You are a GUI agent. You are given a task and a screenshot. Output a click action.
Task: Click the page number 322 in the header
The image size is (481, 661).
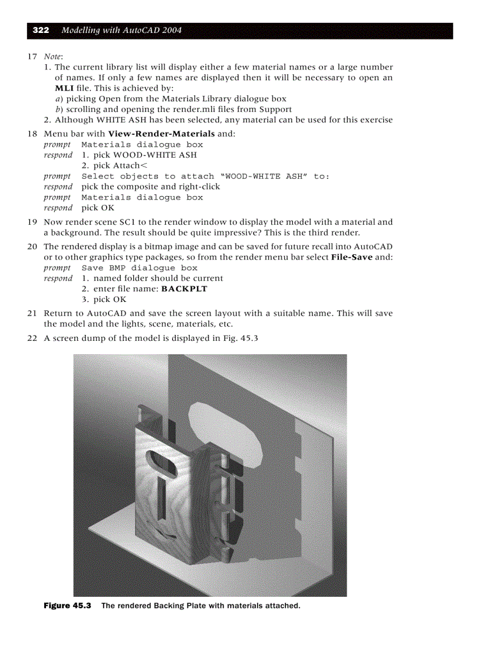40,30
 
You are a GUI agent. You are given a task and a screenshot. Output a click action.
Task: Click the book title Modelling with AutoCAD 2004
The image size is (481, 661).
122,30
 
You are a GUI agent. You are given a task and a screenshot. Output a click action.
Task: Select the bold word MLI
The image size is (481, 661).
64,88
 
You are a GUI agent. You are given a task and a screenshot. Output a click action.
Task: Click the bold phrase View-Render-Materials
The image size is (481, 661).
162,134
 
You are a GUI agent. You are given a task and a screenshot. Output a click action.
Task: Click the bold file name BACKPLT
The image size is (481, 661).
184,288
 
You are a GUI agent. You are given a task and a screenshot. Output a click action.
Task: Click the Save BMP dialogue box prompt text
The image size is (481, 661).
139,268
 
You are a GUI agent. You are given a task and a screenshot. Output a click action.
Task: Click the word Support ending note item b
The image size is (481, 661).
275,109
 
